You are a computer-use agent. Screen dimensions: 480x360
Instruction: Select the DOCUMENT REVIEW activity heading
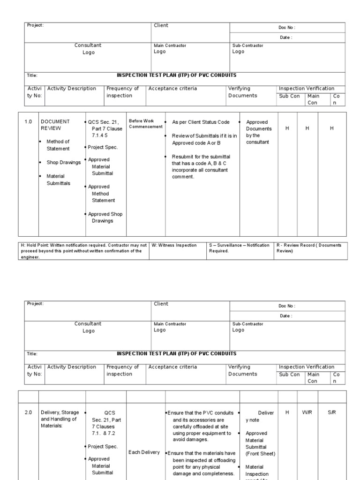tap(55, 125)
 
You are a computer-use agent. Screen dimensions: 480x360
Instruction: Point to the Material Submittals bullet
tap(58, 180)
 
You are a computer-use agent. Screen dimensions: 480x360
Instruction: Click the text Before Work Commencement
tap(146, 124)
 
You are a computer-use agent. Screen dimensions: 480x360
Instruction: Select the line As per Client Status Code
tap(201, 122)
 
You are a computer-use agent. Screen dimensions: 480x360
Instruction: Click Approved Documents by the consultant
tap(259, 132)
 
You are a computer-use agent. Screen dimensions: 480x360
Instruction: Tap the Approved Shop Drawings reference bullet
tap(106, 217)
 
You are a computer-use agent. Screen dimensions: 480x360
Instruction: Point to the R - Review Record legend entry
tap(309, 248)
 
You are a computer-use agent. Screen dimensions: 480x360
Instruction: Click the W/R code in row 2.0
tap(307, 412)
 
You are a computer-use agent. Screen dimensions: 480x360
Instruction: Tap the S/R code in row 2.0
tap(332, 412)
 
